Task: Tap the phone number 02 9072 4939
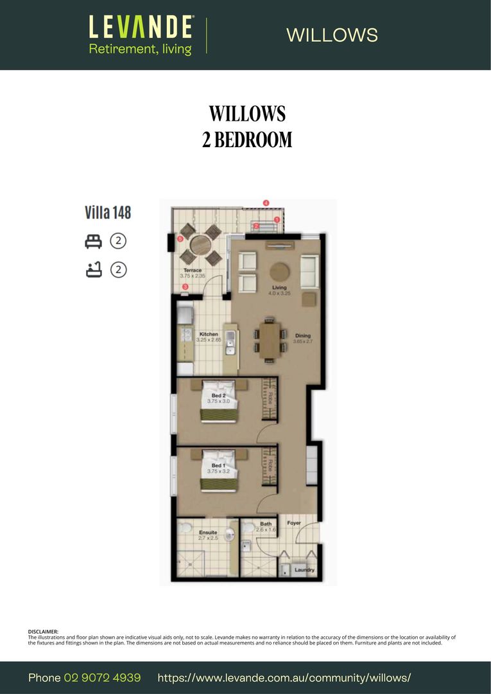pos(102,678)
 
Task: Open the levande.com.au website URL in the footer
pos(284,678)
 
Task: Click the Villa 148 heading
pos(108,212)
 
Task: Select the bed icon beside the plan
pos(94,241)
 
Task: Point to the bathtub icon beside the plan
pos(94,270)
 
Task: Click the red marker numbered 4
pos(266,203)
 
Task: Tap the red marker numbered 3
pos(185,287)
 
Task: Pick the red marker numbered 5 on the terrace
pos(180,239)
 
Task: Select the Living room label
pos(279,287)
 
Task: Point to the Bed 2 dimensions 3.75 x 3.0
pos(218,401)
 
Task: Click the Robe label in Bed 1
pos(271,465)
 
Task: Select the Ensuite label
pos(208,532)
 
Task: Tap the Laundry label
pos(304,569)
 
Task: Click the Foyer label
pos(294,523)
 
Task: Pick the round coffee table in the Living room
pos(279,271)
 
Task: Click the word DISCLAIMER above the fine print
pos(43,632)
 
